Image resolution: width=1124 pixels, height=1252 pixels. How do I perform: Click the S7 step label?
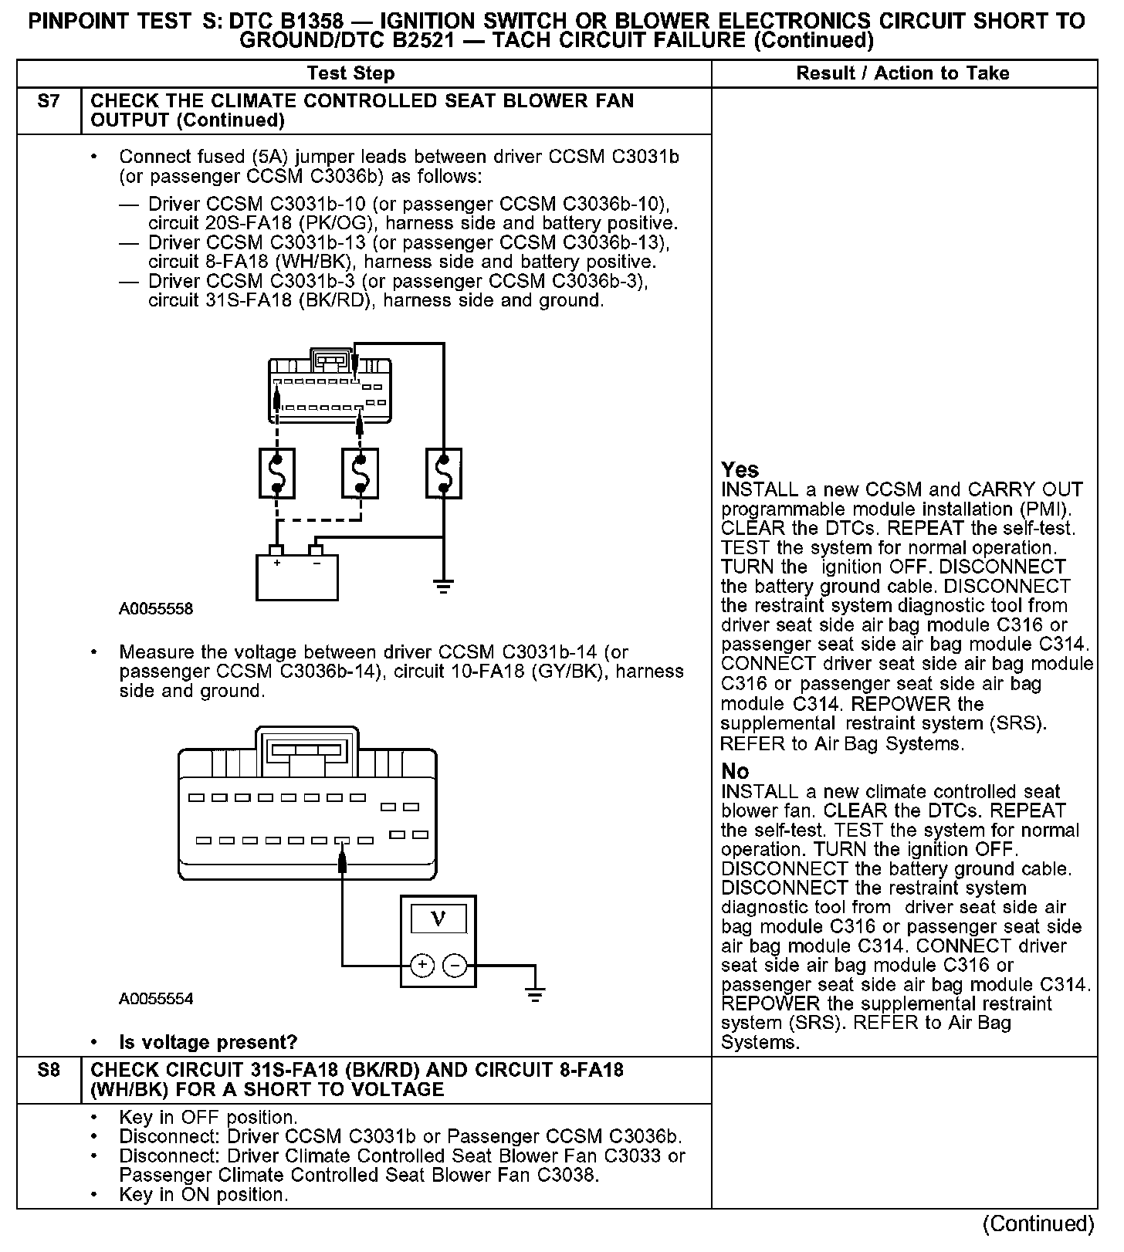click(48, 101)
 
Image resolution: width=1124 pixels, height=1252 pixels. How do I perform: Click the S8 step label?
click(48, 1071)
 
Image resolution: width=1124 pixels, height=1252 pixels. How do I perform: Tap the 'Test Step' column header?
click(350, 73)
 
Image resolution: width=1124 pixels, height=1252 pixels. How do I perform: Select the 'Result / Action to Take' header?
click(902, 73)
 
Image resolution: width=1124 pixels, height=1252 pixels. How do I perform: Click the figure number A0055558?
click(156, 609)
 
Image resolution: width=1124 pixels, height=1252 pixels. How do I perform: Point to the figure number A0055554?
click(156, 999)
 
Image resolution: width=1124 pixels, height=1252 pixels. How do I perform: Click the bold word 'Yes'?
click(740, 469)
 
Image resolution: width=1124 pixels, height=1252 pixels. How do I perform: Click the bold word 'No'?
click(735, 771)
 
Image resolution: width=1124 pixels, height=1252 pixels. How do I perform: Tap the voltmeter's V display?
click(438, 919)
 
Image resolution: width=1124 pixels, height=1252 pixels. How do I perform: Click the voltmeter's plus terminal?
click(421, 965)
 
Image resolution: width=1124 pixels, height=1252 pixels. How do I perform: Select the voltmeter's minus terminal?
click(455, 965)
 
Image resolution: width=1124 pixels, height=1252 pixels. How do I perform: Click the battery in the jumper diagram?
click(296, 576)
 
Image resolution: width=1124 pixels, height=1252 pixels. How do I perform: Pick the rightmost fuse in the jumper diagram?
click(443, 473)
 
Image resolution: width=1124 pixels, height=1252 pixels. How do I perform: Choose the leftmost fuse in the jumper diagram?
click(276, 473)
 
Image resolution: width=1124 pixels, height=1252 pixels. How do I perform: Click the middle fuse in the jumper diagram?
click(360, 473)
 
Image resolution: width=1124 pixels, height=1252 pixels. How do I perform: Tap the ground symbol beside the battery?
click(443, 587)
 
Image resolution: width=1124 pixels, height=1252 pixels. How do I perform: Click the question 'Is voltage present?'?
click(208, 1042)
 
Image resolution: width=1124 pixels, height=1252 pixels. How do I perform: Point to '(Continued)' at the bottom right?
click(1038, 1223)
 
